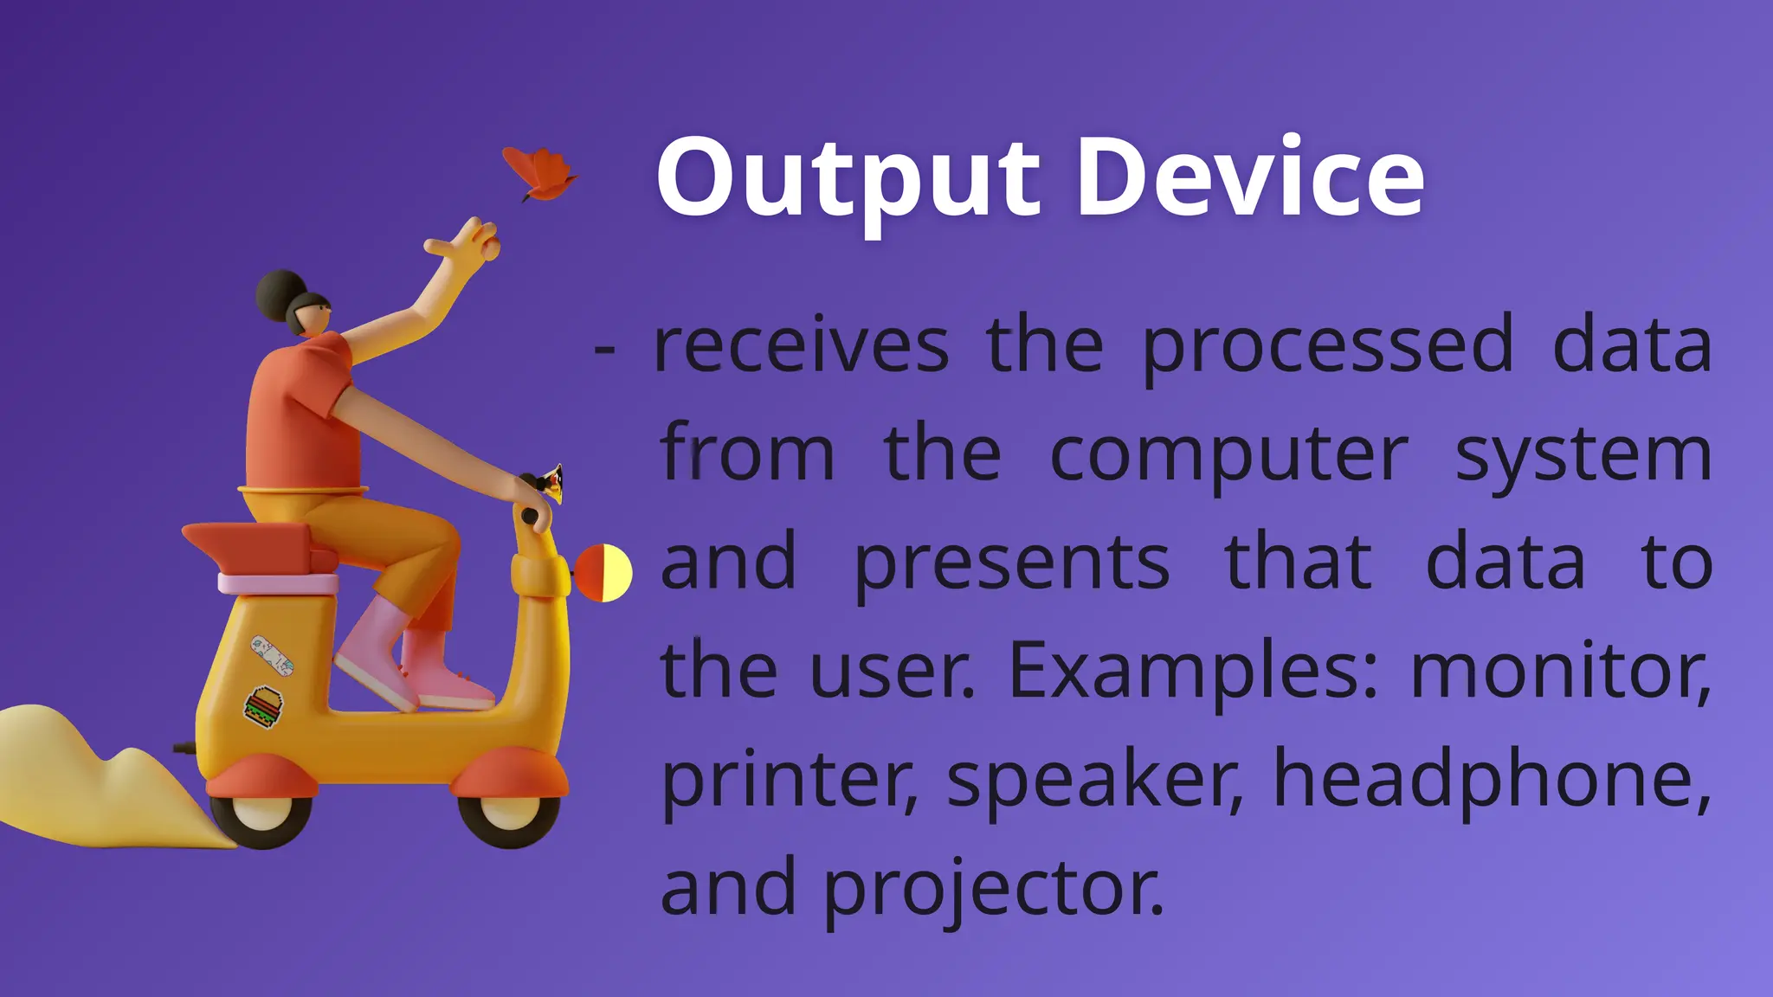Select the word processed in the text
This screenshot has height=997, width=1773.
tap(1327, 346)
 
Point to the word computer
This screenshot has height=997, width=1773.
tap(1228, 455)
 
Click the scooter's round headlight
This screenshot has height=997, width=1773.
tap(604, 573)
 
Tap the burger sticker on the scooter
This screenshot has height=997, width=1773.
tap(263, 706)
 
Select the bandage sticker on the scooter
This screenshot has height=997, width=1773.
tap(272, 655)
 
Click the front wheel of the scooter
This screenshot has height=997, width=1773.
tap(509, 814)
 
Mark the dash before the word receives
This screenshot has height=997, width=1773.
tap(605, 351)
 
